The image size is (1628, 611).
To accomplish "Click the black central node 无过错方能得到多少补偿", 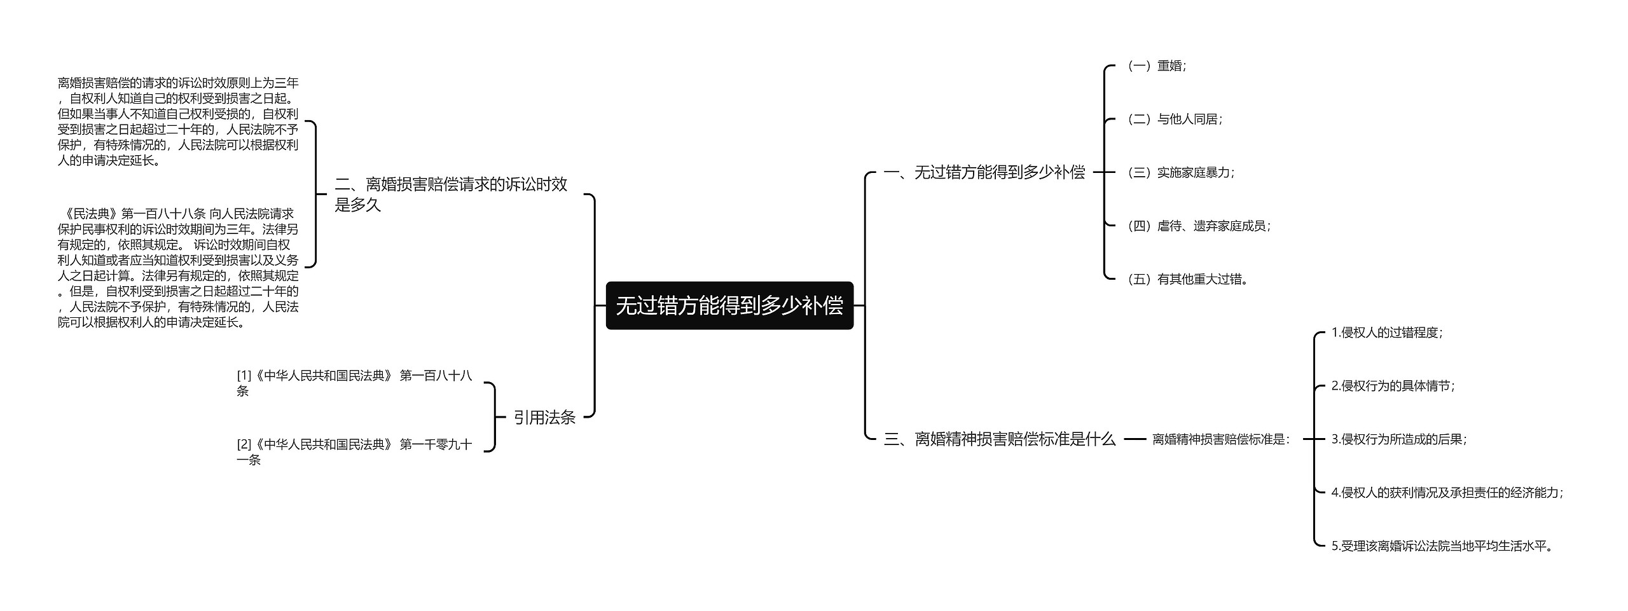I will coord(729,306).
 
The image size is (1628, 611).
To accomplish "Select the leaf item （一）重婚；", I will coord(1156,65).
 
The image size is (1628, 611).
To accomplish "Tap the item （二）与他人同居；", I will coord(1174,119).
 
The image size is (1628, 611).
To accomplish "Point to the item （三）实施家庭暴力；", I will coord(1180,172).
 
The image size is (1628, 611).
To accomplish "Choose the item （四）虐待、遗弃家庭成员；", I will coord(1198,226).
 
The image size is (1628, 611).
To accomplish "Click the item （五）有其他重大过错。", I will coord(1187,279).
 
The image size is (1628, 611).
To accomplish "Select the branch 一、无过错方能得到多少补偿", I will coord(984,172).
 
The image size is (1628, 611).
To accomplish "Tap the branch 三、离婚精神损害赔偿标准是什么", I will coord(999,439).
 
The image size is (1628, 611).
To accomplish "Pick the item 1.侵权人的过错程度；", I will coord(1387,333).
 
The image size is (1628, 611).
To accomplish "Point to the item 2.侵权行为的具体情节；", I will coord(1393,386).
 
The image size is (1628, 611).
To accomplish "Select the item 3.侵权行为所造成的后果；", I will coord(1399,439).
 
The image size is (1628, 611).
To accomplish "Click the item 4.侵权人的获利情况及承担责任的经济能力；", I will coord(1447,492).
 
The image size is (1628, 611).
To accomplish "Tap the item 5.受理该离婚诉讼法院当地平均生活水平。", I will coord(1442,546).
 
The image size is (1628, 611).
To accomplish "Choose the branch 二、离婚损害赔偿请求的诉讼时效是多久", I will coord(451,194).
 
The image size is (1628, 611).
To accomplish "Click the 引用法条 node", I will coord(544,417).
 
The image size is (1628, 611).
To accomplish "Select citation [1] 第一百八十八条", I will coord(354,383).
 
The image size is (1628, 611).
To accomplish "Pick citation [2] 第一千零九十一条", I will coord(354,451).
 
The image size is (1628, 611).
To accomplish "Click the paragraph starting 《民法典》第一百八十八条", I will coord(178,268).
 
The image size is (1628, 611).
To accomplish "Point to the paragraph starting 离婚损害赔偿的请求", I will coord(178,121).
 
